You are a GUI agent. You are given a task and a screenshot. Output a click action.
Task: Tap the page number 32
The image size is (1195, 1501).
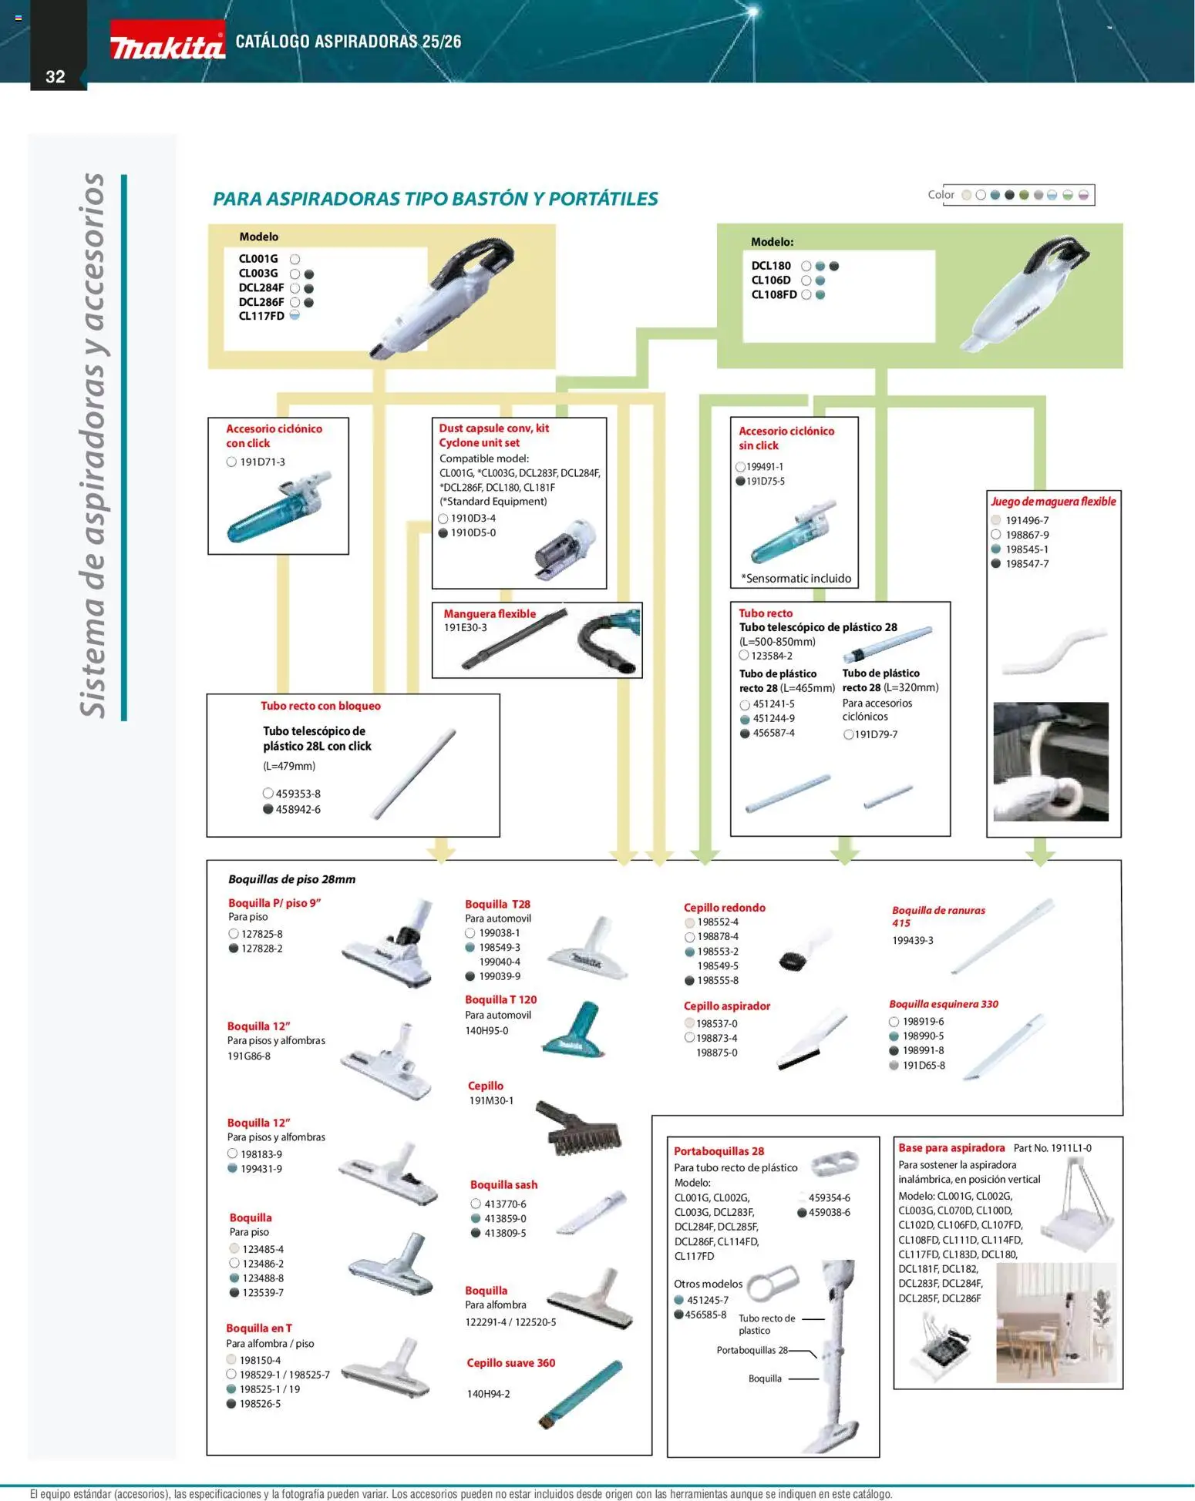click(56, 76)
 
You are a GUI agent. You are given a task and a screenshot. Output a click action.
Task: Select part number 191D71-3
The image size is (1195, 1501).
click(262, 462)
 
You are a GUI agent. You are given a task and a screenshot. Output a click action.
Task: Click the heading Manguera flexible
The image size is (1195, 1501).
click(490, 614)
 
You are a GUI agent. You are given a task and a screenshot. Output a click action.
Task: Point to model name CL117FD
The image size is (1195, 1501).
click(261, 317)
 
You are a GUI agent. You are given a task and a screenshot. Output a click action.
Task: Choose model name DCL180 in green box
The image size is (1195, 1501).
click(771, 266)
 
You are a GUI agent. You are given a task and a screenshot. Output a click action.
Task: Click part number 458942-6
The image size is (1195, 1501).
click(298, 810)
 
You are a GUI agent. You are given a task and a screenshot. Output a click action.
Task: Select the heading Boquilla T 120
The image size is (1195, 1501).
click(500, 1000)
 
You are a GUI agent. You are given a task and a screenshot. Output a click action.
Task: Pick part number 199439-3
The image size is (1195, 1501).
click(912, 941)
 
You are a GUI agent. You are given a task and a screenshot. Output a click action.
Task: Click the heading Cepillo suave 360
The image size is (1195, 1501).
click(510, 1363)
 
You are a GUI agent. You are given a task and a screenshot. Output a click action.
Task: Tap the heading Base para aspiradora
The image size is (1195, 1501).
click(951, 1148)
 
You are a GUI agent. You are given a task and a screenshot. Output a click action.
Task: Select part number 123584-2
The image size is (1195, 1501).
click(772, 656)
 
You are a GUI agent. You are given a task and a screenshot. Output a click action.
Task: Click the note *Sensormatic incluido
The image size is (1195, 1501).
click(796, 579)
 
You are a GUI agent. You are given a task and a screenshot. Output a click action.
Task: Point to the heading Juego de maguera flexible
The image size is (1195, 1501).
click(1053, 502)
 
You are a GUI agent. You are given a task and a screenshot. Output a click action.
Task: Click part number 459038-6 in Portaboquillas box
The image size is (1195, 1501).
click(829, 1213)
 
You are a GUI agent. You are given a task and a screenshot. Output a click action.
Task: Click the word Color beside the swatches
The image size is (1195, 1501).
click(941, 195)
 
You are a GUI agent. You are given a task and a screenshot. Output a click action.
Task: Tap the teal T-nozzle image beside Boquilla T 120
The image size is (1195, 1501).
click(575, 1029)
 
